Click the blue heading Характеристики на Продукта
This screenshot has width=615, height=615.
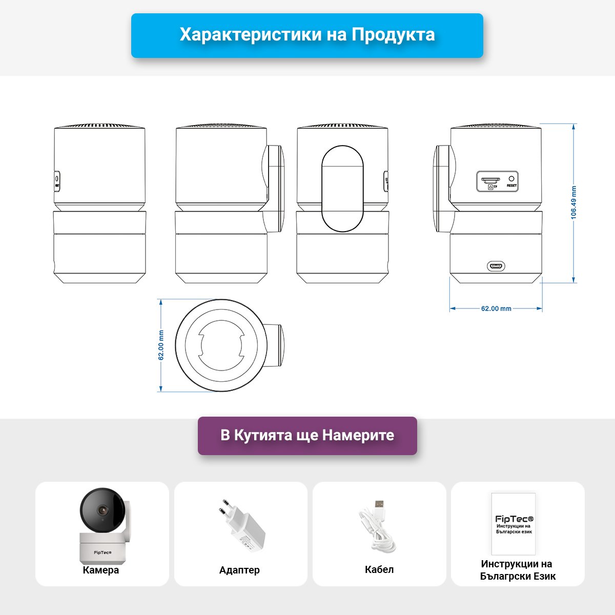[307, 35]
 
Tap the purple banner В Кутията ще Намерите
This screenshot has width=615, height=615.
[307, 435]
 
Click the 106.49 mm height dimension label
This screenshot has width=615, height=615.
[573, 202]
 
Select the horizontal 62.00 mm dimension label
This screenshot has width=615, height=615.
[496, 309]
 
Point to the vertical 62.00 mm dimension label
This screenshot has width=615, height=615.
[161, 345]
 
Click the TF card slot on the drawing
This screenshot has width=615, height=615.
[490, 181]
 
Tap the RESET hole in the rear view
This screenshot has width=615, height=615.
[511, 179]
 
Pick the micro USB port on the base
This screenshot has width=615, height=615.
[496, 266]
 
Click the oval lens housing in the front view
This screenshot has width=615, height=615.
[342, 188]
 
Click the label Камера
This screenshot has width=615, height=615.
[101, 570]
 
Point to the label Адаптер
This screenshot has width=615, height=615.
[239, 570]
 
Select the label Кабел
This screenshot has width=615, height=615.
[379, 569]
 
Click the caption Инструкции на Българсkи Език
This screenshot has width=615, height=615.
[517, 570]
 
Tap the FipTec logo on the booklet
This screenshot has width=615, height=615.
[514, 519]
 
